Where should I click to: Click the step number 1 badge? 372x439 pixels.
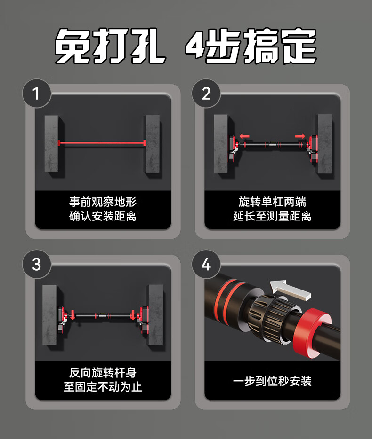[36, 93]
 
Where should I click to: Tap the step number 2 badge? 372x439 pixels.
[206, 93]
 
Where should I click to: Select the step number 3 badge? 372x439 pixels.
[36, 264]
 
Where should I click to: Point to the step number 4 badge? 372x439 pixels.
[206, 264]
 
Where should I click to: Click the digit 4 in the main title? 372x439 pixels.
[194, 45]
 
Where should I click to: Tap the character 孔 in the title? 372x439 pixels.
[148, 46]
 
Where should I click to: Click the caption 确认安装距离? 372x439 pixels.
[103, 216]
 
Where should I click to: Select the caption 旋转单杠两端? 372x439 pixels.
[272, 202]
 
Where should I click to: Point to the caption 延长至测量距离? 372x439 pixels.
[272, 216]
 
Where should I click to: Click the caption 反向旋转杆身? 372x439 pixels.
[103, 373]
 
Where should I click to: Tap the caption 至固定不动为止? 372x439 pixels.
[103, 387]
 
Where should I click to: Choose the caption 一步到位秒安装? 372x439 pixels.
[272, 381]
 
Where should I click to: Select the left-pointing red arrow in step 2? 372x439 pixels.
[244, 136]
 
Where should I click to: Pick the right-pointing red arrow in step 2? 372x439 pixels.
[300, 136]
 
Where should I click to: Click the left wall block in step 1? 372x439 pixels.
[52, 144]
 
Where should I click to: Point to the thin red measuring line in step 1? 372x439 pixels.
[102, 143]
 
